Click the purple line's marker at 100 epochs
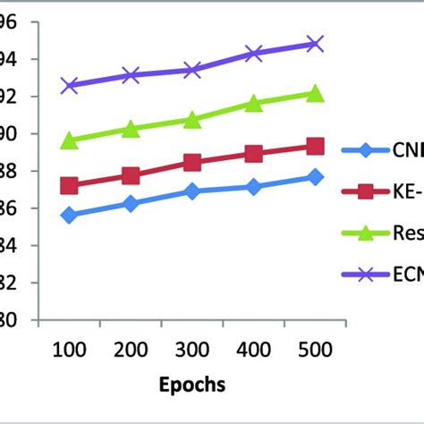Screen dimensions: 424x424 pyautogui.click(x=69, y=85)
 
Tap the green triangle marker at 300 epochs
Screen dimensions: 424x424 pyautogui.click(x=192, y=119)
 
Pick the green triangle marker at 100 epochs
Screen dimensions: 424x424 pyautogui.click(x=69, y=140)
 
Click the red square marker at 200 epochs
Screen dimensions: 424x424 pyautogui.click(x=131, y=176)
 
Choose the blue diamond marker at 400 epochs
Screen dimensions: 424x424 pyautogui.click(x=253, y=187)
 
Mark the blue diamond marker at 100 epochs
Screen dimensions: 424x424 pyautogui.click(x=69, y=215)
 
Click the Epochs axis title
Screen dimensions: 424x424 pyautogui.click(x=191, y=386)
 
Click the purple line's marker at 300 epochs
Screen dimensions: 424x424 pyautogui.click(x=192, y=70)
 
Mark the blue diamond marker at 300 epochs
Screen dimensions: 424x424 pyautogui.click(x=192, y=191)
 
